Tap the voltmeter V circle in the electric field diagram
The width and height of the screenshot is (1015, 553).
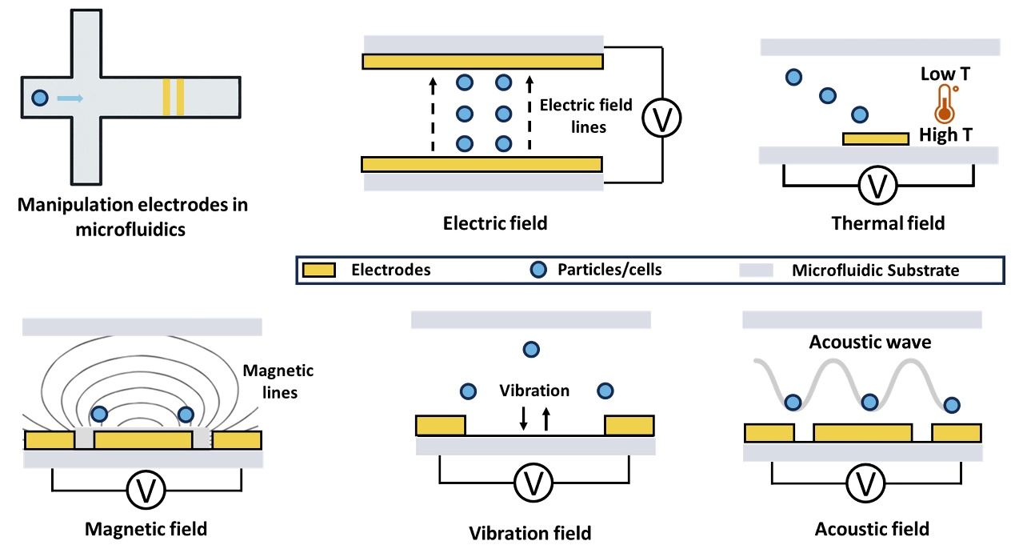point(662,118)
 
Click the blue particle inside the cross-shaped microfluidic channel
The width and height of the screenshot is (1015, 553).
point(40,99)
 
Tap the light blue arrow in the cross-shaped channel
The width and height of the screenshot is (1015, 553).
point(70,99)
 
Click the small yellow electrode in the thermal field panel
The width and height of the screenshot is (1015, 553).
point(876,138)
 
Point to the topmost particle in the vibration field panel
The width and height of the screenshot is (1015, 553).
point(530,349)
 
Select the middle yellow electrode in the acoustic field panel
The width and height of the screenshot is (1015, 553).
point(863,433)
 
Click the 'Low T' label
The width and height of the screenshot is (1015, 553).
point(945,74)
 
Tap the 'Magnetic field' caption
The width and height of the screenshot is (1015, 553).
point(146,528)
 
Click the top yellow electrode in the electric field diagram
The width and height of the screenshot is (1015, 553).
point(482,62)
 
